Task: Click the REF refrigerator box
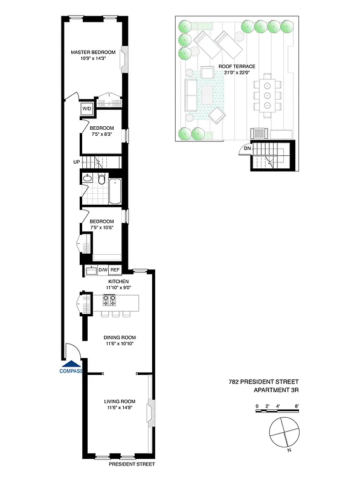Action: (x=114, y=270)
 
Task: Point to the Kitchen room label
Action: (x=118, y=282)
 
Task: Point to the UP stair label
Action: (x=76, y=162)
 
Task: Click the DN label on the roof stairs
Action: (x=247, y=149)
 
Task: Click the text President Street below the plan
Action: (x=132, y=464)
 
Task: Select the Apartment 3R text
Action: (x=275, y=390)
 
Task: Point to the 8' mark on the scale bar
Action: (x=297, y=406)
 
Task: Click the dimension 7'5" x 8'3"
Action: (x=102, y=134)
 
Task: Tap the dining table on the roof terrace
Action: (x=267, y=95)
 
